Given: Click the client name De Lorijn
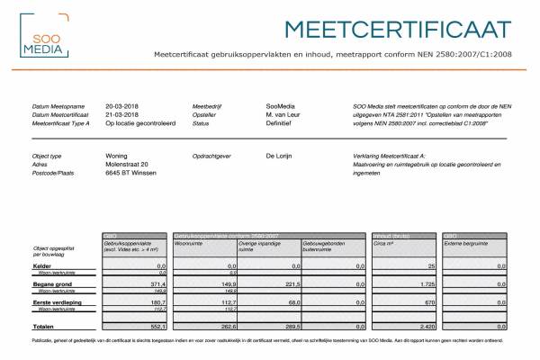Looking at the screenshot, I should (283, 156).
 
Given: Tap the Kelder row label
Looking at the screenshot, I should (42, 266).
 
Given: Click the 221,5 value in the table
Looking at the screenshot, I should (290, 284).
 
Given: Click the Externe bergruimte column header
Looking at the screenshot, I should (470, 243).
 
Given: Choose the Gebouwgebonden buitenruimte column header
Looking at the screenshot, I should (328, 245).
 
